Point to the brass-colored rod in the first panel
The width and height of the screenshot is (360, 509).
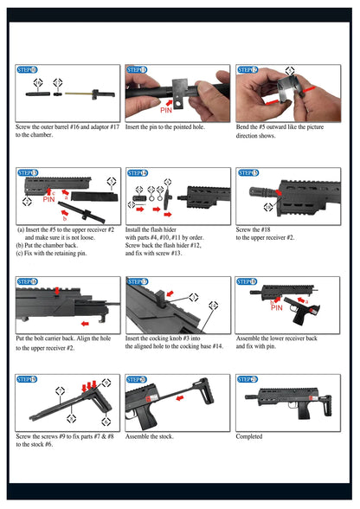coord(76,92)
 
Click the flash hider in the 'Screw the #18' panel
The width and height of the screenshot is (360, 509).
coord(260,188)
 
